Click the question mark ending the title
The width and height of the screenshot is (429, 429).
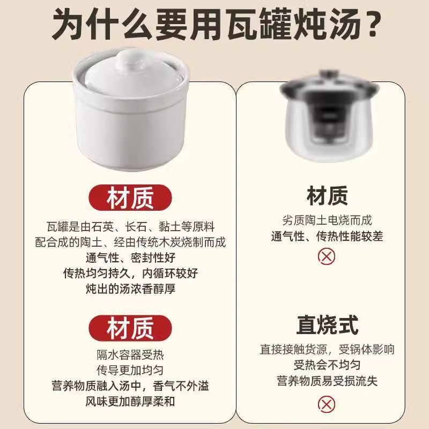(x=372, y=24)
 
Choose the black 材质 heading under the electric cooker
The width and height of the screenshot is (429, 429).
(x=327, y=196)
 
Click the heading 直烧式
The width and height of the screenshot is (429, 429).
(x=327, y=325)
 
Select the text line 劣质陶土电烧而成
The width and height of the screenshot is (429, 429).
(x=327, y=220)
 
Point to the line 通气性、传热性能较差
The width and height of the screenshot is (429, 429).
(x=327, y=236)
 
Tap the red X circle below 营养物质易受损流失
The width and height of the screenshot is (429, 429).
(x=327, y=403)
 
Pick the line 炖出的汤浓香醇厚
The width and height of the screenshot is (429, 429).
(x=130, y=289)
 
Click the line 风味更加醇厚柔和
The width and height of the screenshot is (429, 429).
(x=130, y=401)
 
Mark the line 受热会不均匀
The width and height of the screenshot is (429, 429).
(x=327, y=365)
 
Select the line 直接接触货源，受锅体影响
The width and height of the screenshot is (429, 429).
(x=327, y=350)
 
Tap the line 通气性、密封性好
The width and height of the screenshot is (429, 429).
(x=130, y=257)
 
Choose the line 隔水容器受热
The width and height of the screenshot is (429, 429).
(x=130, y=354)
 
